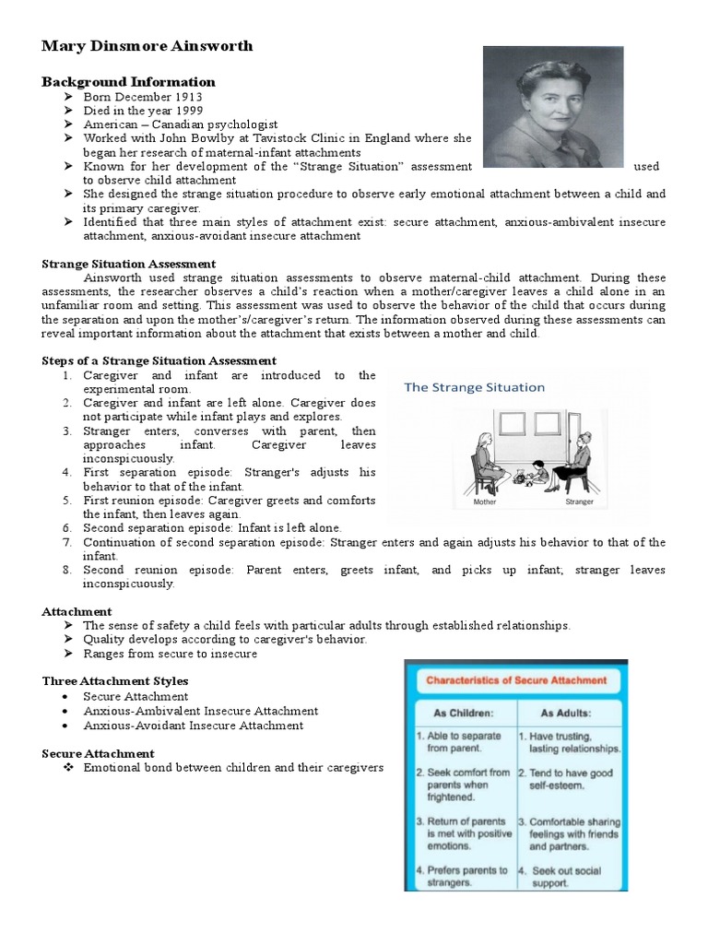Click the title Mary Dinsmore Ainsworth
click(x=147, y=46)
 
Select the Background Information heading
click(x=128, y=82)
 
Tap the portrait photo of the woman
click(x=553, y=107)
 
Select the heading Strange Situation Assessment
click(x=129, y=264)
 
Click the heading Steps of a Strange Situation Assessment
click(x=159, y=360)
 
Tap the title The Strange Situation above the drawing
click(x=474, y=387)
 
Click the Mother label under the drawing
click(x=484, y=503)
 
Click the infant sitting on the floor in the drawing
click(x=539, y=471)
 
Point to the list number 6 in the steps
click(x=67, y=528)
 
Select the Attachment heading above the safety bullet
click(x=77, y=611)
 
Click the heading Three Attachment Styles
click(x=114, y=681)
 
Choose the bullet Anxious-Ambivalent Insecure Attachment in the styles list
click(x=200, y=711)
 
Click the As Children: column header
click(x=457, y=714)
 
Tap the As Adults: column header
click(x=567, y=714)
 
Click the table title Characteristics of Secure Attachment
click(x=515, y=681)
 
